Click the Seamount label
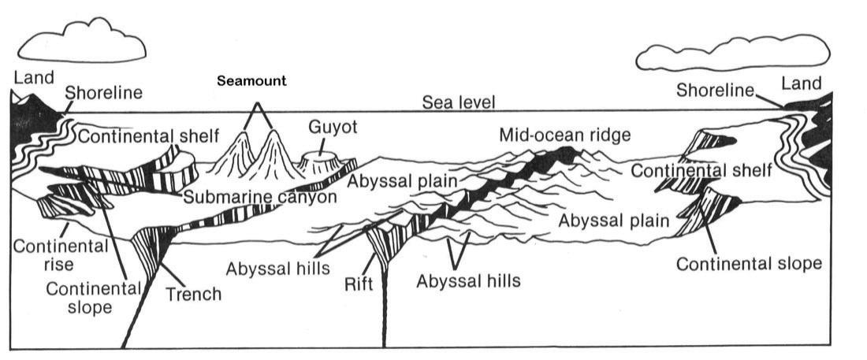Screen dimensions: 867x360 click(x=253, y=81)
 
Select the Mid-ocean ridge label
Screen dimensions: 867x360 click(x=565, y=135)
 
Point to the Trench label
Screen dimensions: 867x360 click(x=194, y=295)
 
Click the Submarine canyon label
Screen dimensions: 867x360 click(x=260, y=197)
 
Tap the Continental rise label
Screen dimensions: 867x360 click(x=58, y=254)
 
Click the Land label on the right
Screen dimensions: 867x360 click(x=801, y=83)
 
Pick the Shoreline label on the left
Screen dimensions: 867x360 click(x=104, y=94)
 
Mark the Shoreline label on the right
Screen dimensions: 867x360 click(x=716, y=91)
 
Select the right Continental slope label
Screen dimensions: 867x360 click(x=749, y=262)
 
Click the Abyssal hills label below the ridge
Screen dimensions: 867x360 click(x=469, y=280)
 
